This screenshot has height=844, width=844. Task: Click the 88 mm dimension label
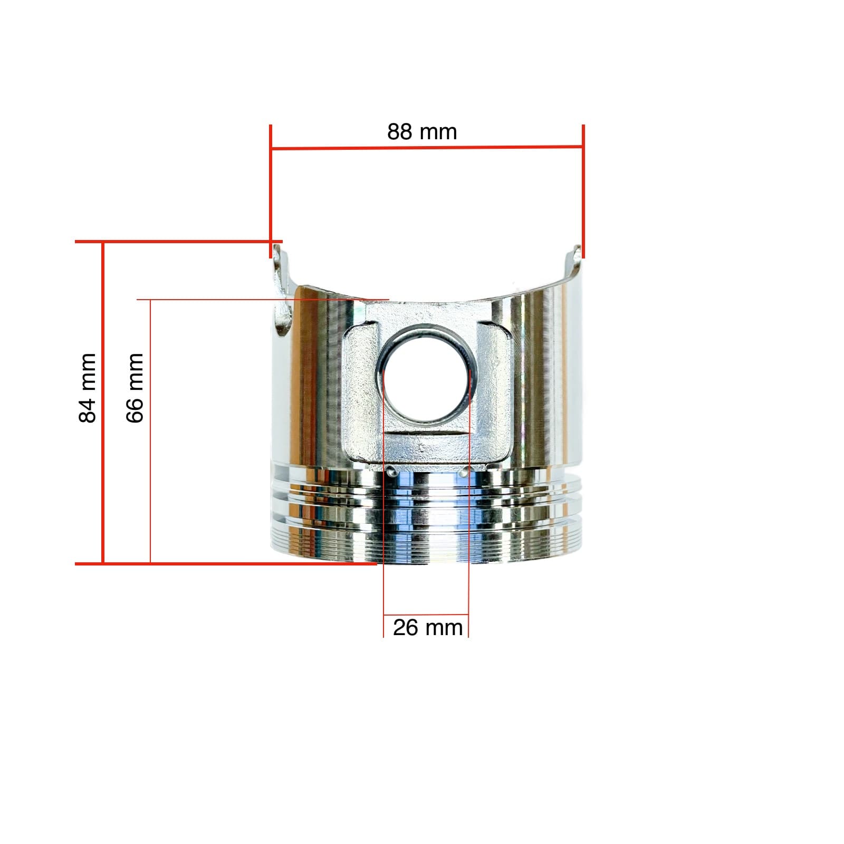[x=422, y=132]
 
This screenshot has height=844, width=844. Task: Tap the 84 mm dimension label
[x=88, y=388]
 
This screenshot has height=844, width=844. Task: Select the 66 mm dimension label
[x=135, y=388]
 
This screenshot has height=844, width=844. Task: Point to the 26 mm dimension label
[x=428, y=628]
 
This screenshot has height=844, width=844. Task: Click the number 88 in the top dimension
[x=399, y=132]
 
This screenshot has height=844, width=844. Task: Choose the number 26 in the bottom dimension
[x=405, y=628]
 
